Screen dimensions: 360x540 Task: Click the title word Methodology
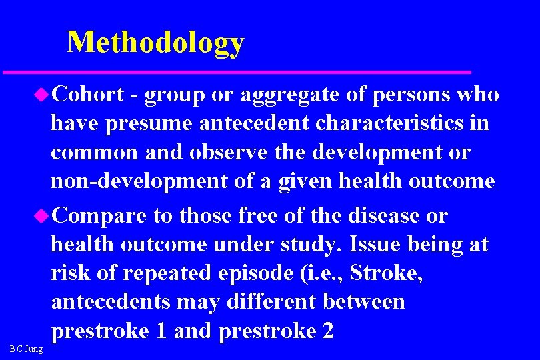pyautogui.click(x=156, y=42)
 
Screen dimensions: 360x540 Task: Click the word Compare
pyautogui.click(x=99, y=215)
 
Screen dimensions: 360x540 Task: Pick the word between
pyautogui.click(x=363, y=301)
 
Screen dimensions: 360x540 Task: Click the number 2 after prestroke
pyautogui.click(x=327, y=330)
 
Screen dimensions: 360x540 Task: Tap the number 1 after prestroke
pyautogui.click(x=160, y=330)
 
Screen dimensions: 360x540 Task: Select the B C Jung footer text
pyautogui.click(x=27, y=349)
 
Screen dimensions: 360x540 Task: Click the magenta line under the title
pyautogui.click(x=237, y=71)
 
